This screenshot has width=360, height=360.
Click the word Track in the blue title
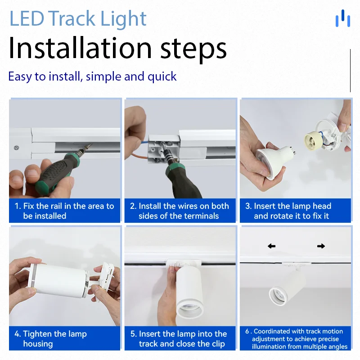pos(72,18)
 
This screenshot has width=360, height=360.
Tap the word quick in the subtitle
pos(162,77)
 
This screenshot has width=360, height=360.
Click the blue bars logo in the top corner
pos(343,18)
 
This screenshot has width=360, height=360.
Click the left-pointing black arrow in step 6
pos(272,246)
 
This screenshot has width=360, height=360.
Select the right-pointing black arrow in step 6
pos(321,246)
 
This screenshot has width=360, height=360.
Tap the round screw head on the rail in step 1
pos(16,148)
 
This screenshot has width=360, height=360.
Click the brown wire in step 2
pos(139,157)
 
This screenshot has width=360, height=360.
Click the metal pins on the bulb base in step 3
pos(292,149)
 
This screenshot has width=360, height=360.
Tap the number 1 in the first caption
pos(17,206)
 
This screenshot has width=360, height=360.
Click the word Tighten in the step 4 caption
pos(37,334)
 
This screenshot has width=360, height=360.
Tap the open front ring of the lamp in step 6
pos(279,296)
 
